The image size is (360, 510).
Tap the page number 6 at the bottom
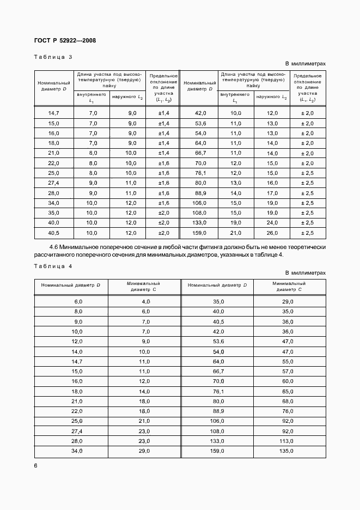pos(35,465)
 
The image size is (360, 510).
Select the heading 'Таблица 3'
pos(53,57)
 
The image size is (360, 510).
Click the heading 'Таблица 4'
pos(53,266)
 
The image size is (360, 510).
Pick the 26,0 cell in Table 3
pos(271,233)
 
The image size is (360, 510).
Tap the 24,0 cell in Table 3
pos(271,223)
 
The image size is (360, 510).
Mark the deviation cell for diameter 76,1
pos(308,173)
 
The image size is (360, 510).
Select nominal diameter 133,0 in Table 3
pos(200,223)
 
